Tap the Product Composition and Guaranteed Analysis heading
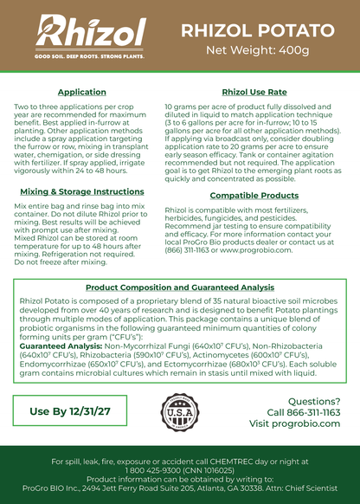coord(179,287)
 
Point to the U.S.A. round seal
coord(179,412)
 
